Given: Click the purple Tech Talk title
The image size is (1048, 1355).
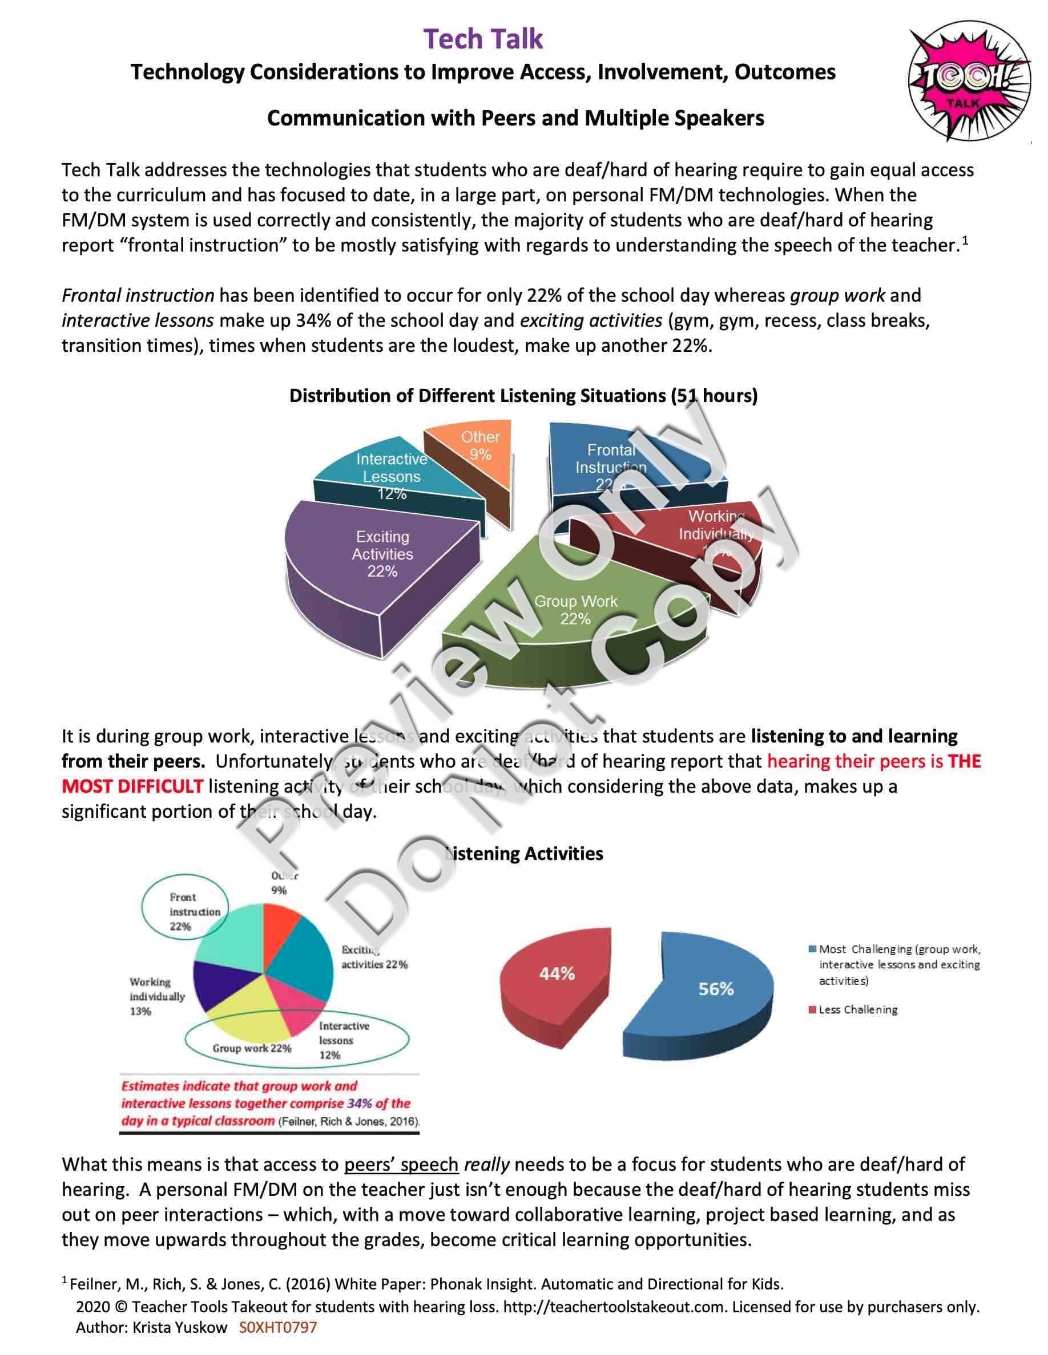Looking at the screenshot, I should [483, 39].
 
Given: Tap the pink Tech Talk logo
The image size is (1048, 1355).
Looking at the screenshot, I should [970, 83].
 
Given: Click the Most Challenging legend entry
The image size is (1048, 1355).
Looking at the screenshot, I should [894, 965].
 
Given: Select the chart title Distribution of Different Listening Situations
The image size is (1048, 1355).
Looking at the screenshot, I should [523, 396].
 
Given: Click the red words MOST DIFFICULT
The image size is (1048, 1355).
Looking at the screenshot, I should [132, 786].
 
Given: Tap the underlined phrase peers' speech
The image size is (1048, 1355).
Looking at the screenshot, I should [401, 1165].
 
